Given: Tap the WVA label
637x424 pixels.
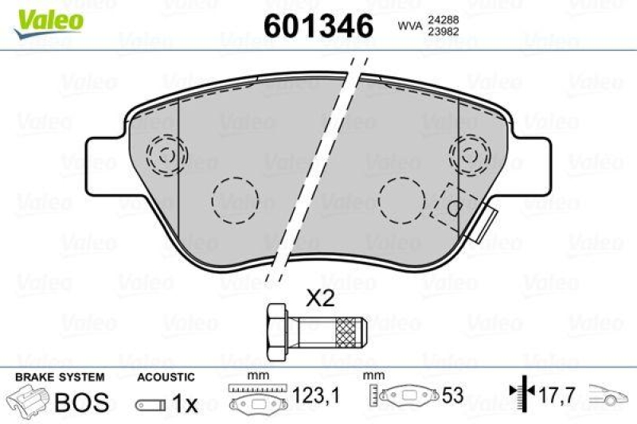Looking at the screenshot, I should click(x=408, y=26).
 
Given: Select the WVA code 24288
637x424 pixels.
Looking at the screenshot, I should click(x=442, y=19).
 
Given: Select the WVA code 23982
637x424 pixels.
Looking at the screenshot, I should click(x=442, y=33).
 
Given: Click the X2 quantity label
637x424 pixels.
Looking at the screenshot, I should click(x=321, y=298).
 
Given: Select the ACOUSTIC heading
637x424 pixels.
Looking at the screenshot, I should click(x=166, y=376).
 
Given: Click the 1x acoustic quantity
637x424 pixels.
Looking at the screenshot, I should click(x=186, y=404).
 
